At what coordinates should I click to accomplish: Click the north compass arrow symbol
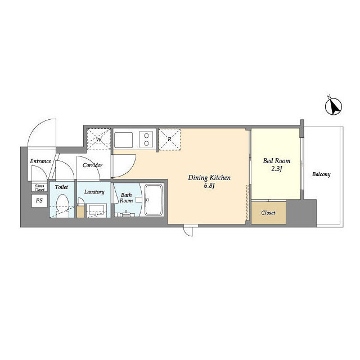(334, 106)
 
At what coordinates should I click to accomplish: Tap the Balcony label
(321, 174)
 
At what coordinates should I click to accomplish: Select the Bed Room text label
(277, 161)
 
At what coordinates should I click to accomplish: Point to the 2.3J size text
(277, 169)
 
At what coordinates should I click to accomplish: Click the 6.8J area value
(209, 186)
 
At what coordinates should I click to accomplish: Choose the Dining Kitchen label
(209, 178)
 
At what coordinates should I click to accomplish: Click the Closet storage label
(268, 213)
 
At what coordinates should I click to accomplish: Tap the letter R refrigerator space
(169, 139)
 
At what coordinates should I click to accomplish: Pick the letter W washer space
(98, 139)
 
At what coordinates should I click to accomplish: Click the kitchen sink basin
(124, 140)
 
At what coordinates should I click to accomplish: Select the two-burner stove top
(146, 140)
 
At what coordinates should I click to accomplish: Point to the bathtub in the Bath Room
(154, 200)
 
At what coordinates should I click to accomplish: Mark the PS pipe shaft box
(39, 200)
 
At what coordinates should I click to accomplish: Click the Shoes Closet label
(39, 188)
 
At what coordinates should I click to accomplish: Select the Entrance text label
(40, 161)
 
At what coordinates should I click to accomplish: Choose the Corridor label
(92, 165)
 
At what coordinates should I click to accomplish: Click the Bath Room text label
(126, 197)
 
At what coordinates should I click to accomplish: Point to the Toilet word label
(61, 187)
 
